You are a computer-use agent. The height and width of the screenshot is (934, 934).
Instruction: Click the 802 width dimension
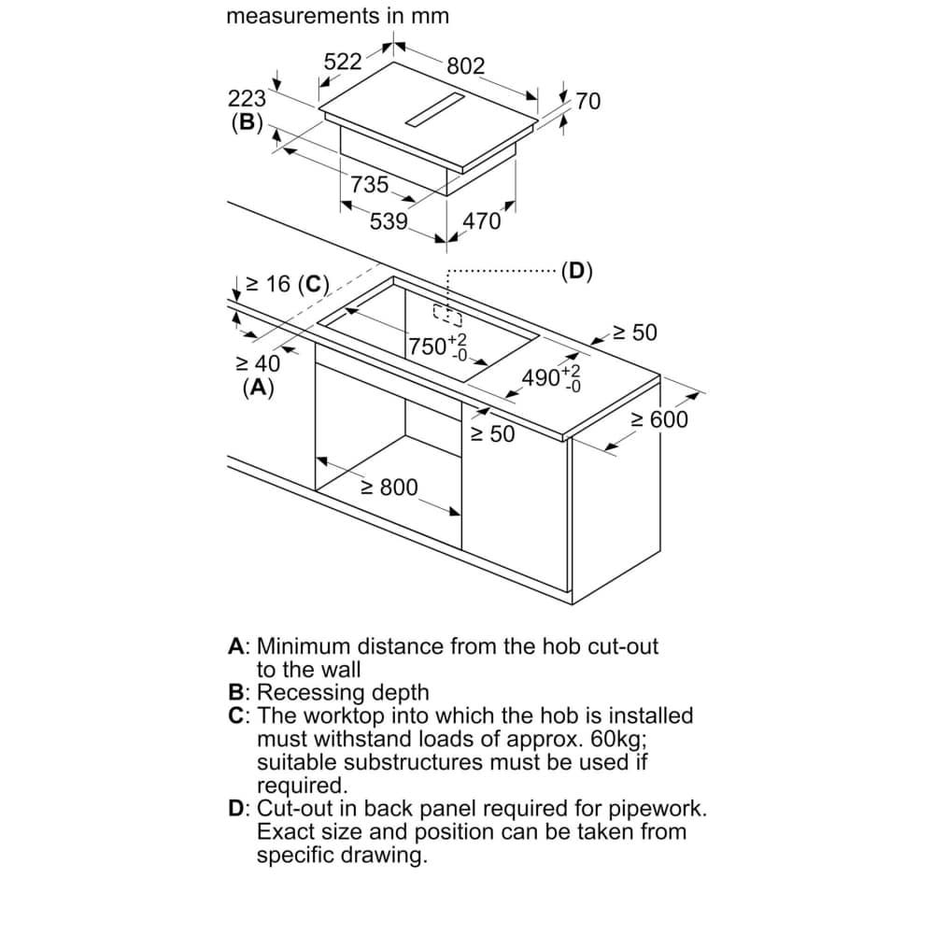(x=466, y=65)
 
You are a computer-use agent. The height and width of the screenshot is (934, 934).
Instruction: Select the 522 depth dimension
(x=343, y=62)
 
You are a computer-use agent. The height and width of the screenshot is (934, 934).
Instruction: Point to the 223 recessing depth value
(x=247, y=98)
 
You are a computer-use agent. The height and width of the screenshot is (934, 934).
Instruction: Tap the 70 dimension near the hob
(x=587, y=101)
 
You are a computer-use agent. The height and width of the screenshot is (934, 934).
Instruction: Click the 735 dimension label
(x=369, y=185)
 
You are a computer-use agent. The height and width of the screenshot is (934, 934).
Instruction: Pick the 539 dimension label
(x=389, y=221)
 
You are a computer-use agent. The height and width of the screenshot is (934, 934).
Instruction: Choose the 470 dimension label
(x=481, y=221)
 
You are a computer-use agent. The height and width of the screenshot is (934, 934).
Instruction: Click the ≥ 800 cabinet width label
(x=390, y=488)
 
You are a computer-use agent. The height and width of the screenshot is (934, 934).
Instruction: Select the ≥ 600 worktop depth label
(x=659, y=420)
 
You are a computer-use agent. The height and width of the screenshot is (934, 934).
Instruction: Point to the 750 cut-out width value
(x=428, y=347)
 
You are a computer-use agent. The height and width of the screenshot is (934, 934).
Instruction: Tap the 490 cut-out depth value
(x=541, y=377)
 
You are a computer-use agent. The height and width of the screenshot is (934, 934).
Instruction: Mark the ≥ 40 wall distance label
(x=258, y=363)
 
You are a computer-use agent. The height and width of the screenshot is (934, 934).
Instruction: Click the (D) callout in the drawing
(x=576, y=272)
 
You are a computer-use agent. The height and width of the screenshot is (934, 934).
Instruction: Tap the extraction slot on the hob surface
(x=435, y=110)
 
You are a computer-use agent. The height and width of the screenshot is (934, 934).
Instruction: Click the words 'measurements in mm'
(x=338, y=16)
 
